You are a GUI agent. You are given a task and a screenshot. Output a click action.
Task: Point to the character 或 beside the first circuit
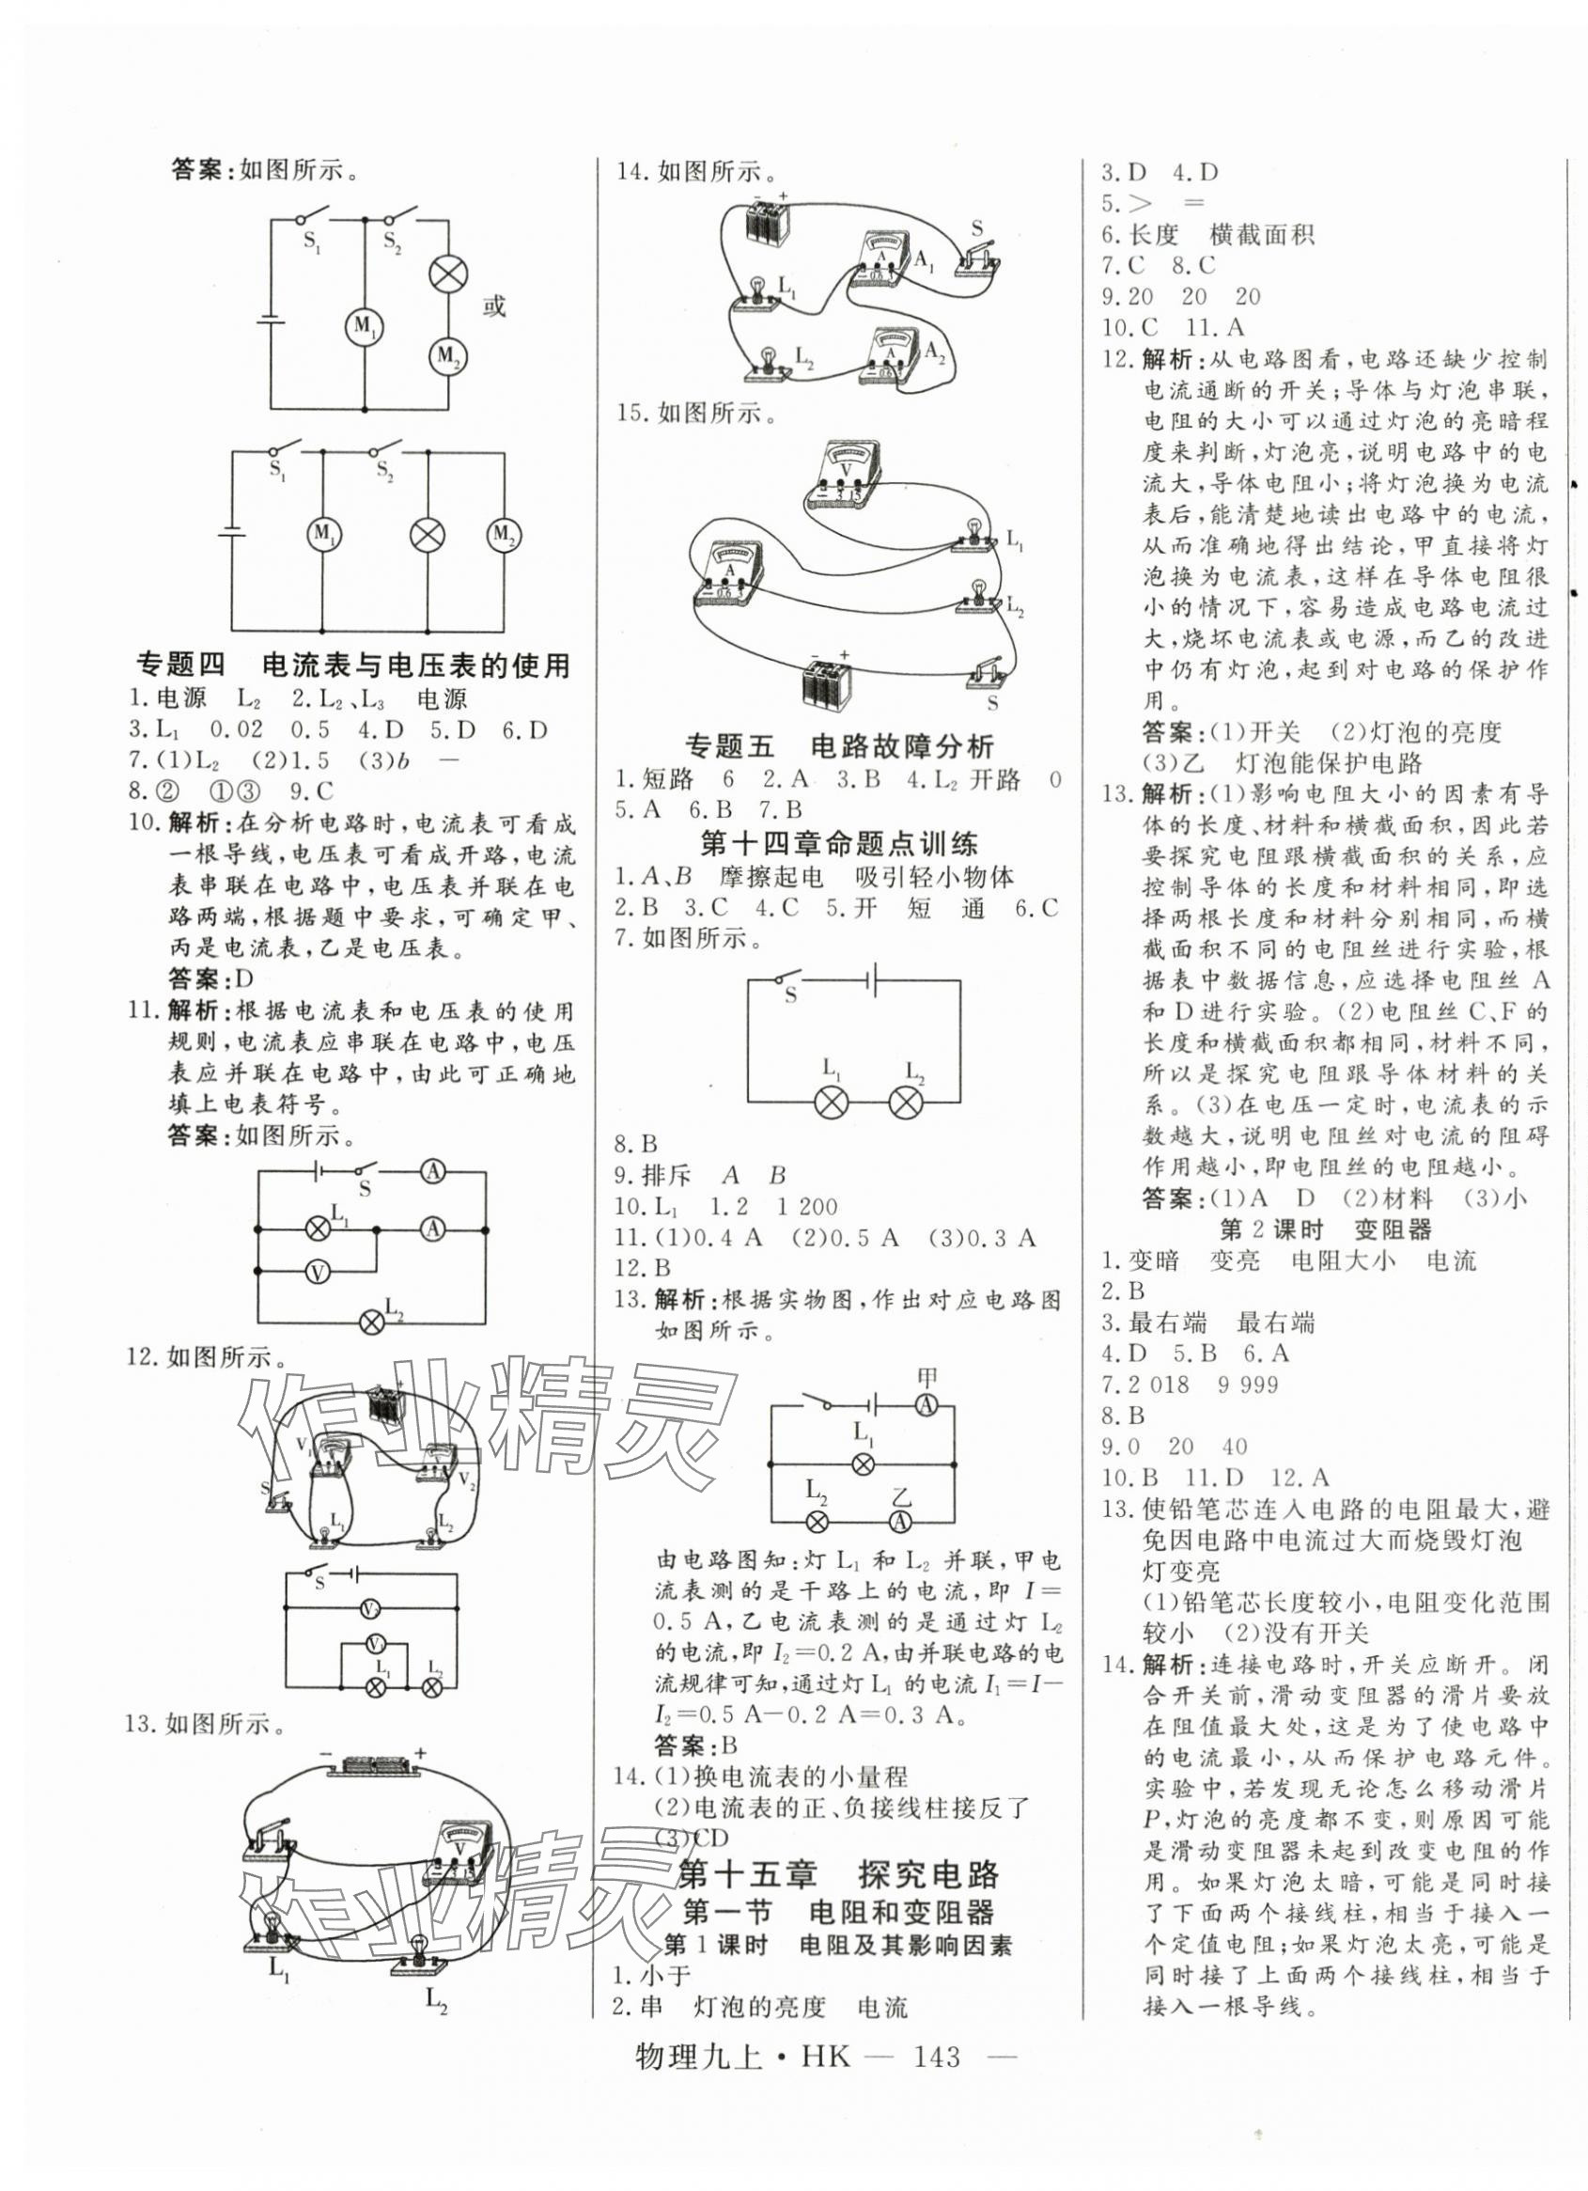pyautogui.click(x=493, y=307)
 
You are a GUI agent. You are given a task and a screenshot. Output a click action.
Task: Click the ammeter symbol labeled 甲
pyautogui.click(x=926, y=1405)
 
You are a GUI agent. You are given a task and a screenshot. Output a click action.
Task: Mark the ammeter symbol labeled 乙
pyautogui.click(x=899, y=1522)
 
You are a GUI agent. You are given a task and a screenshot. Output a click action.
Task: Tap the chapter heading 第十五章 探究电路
pyautogui.click(x=839, y=1875)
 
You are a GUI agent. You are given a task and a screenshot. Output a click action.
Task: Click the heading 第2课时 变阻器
pyautogui.click(x=1325, y=1229)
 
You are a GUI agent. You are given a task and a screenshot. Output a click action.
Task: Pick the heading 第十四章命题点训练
pyautogui.click(x=837, y=844)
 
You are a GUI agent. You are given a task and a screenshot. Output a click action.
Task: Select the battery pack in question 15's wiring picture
pyautogui.click(x=829, y=682)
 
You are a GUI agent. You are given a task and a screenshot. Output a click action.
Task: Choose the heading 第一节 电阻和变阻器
pyautogui.click(x=838, y=1912)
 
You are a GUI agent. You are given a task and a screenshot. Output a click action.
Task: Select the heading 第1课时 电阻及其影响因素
pyautogui.click(x=838, y=1946)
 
